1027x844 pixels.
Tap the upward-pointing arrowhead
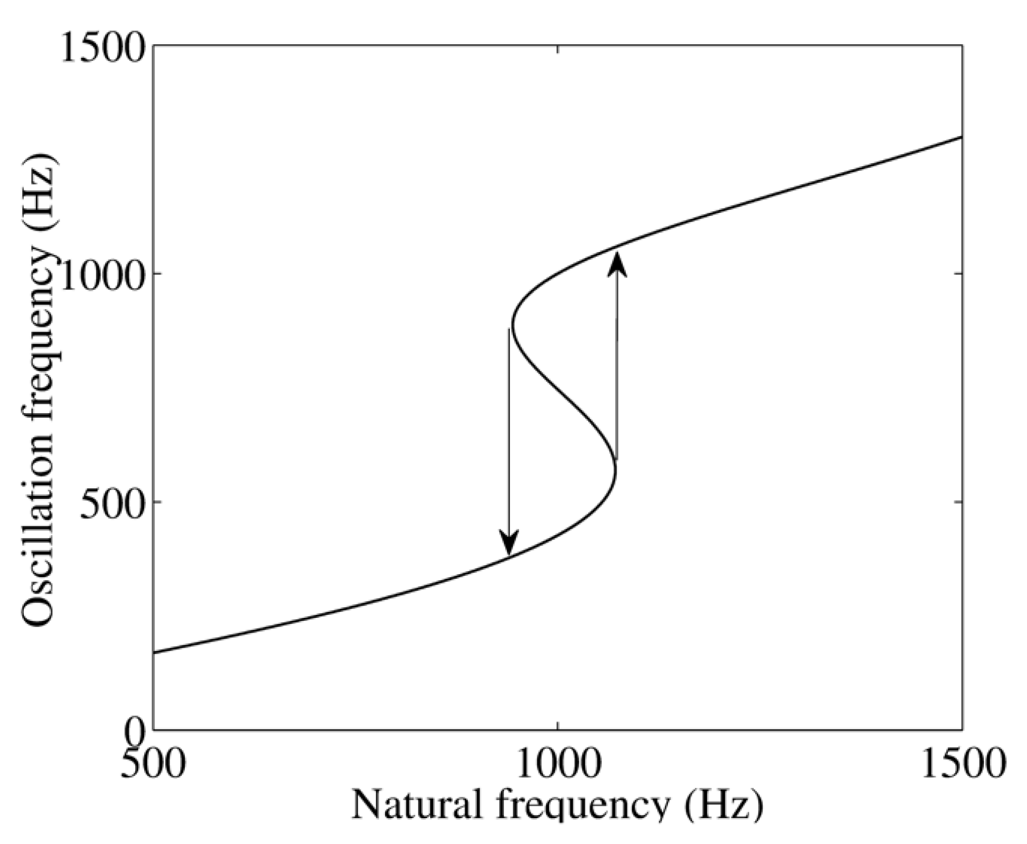[x=617, y=264]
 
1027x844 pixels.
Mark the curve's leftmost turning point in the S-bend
[x=512, y=326]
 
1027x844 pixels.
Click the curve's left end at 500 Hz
[x=154, y=652]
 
